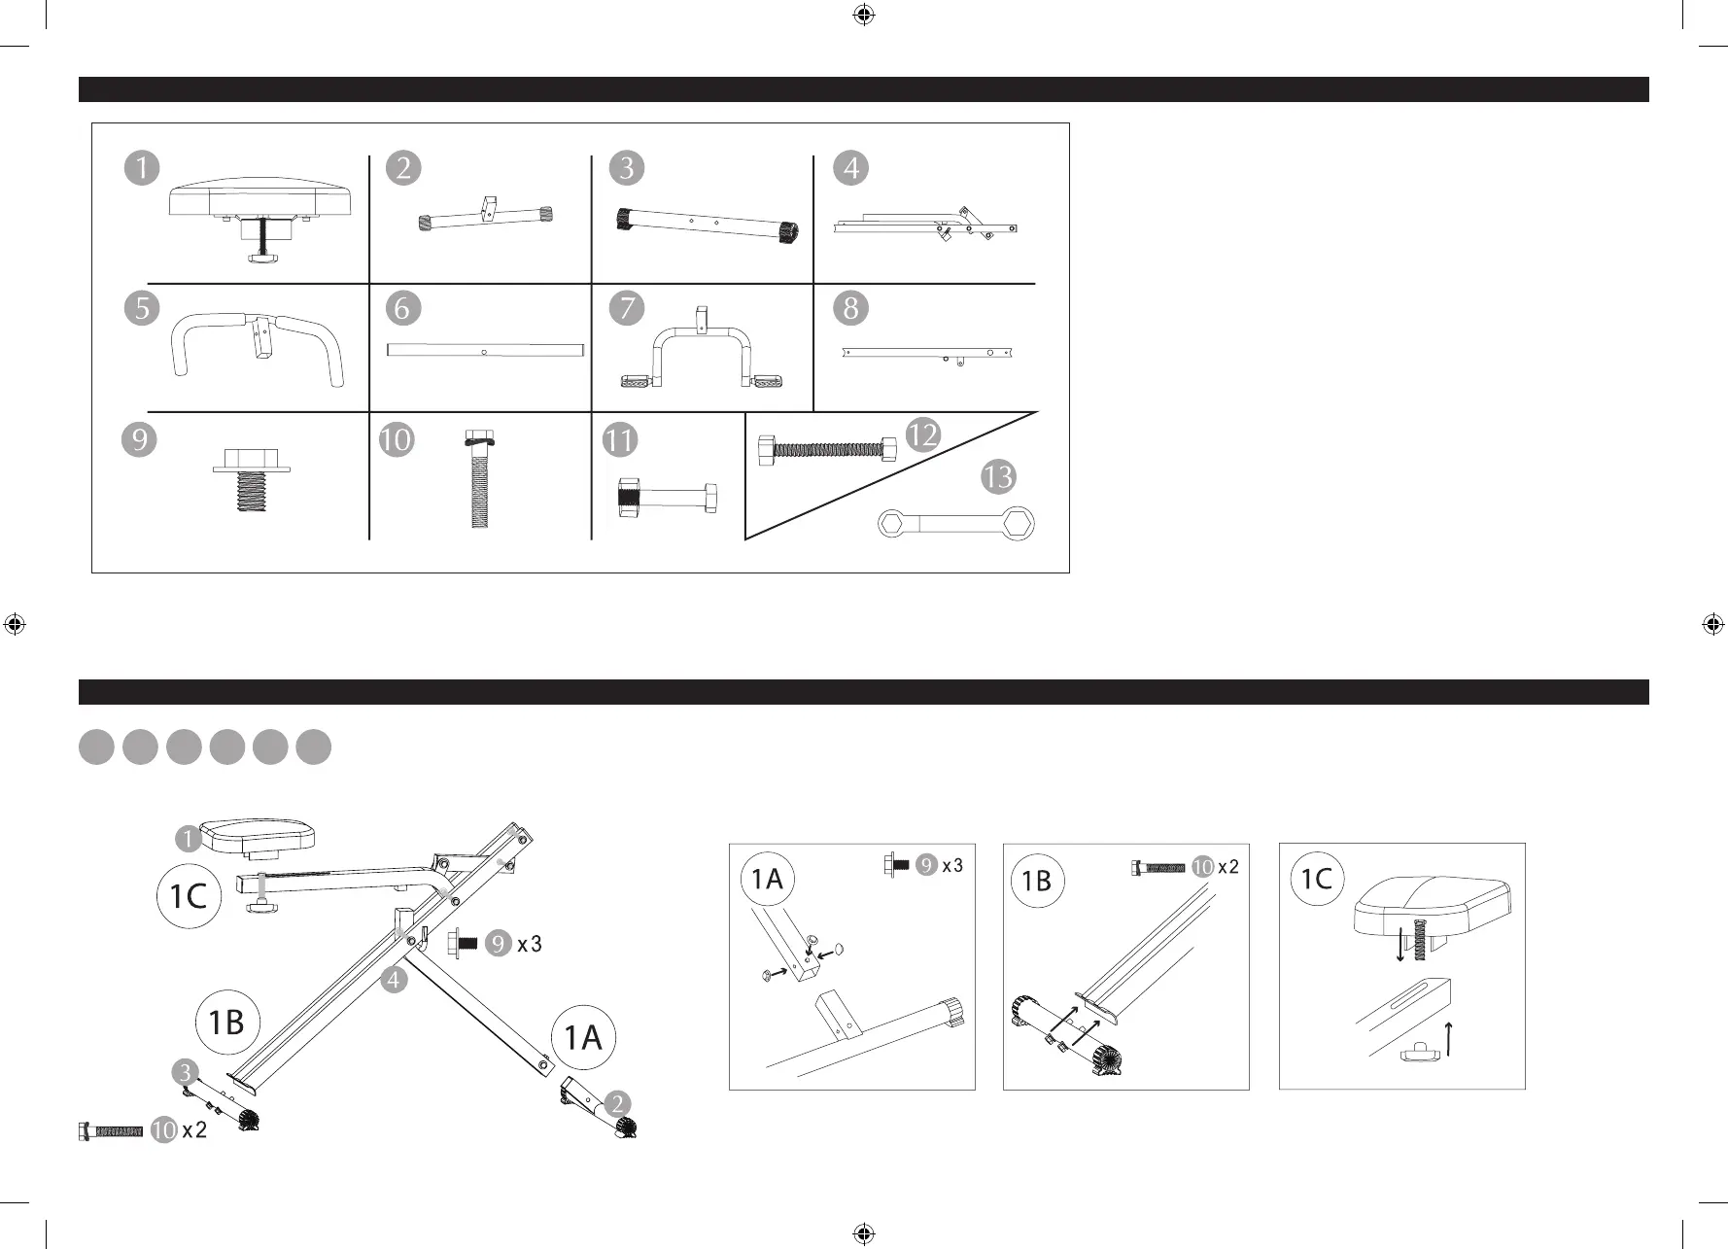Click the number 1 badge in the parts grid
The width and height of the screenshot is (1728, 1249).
(142, 168)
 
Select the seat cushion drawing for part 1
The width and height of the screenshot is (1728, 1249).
(260, 199)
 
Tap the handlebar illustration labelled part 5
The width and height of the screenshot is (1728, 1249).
(259, 348)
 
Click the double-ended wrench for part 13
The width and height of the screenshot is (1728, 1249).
(957, 525)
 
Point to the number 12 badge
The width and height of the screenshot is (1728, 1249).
(922, 434)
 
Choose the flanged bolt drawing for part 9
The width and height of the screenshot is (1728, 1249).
(252, 476)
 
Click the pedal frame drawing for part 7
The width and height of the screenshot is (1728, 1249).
(702, 353)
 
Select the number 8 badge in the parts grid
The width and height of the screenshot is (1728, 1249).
(851, 308)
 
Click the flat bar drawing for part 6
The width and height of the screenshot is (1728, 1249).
(486, 350)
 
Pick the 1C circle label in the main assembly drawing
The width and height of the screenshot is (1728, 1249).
(189, 895)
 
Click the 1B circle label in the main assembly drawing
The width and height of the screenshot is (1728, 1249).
(226, 1023)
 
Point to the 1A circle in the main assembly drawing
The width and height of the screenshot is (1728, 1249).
(583, 1038)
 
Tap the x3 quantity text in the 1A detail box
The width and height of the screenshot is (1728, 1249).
(952, 865)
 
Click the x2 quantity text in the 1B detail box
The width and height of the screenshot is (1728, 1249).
(1228, 867)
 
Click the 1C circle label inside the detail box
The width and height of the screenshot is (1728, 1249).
(1316, 880)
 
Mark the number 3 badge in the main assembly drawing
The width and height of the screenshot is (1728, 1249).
(185, 1072)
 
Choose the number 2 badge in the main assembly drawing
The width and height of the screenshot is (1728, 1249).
(617, 1103)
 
